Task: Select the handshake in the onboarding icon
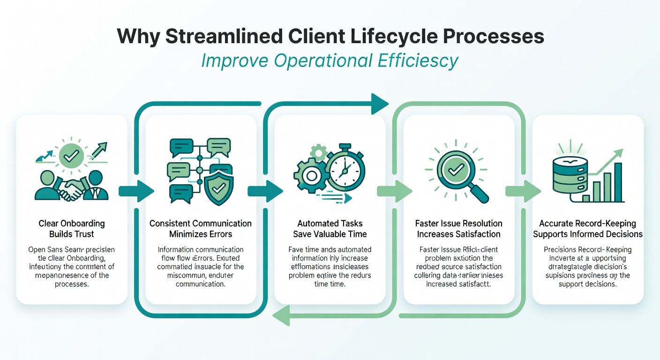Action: [72, 190]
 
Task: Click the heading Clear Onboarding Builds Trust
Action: [72, 229]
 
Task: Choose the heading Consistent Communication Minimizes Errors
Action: [201, 229]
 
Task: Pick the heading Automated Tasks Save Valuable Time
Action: [330, 229]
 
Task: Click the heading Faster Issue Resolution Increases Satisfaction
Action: [459, 229]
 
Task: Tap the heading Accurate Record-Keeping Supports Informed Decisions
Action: [588, 229]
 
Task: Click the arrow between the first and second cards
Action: [136, 191]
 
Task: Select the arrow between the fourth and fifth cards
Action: [523, 191]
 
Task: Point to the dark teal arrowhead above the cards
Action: [379, 104]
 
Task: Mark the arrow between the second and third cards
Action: [265, 191]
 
